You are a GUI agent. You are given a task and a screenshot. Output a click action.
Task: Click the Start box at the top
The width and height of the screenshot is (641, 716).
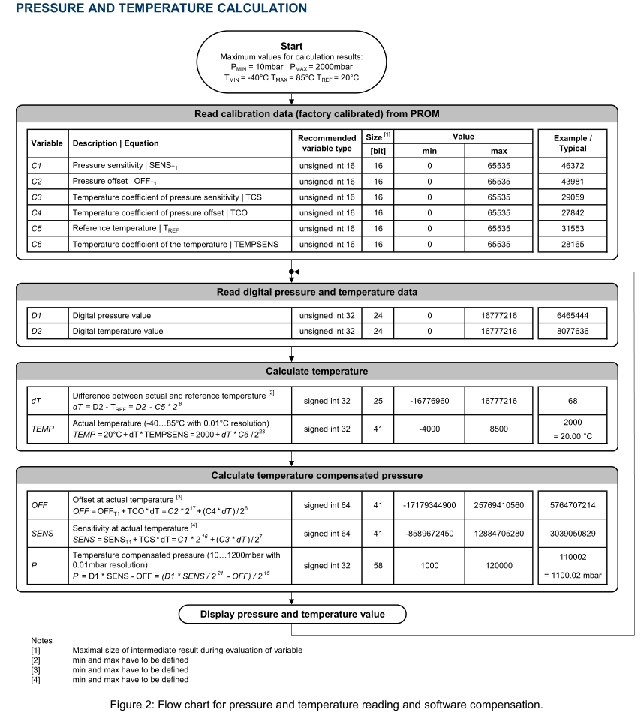[291, 62]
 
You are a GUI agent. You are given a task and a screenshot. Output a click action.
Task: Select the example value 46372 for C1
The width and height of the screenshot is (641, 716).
[572, 166]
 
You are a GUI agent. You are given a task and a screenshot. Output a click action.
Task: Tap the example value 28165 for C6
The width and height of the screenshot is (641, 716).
[572, 245]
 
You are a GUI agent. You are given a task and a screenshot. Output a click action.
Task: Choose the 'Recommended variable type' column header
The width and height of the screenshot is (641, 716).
[327, 143]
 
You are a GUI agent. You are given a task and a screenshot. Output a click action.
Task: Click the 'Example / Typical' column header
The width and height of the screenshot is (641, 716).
[572, 143]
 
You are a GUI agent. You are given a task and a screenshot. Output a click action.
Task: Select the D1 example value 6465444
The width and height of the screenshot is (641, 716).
[572, 316]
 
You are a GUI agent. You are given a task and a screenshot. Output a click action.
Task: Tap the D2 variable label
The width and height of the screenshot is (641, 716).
[36, 331]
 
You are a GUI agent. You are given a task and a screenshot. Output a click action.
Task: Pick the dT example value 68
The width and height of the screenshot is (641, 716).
[572, 402]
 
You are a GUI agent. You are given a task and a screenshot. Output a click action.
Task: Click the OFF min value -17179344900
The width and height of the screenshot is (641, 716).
[430, 505]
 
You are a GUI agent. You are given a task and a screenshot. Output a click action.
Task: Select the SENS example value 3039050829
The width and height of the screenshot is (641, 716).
[572, 534]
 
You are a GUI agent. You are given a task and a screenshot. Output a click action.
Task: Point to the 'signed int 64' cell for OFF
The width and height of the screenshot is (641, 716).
[327, 505]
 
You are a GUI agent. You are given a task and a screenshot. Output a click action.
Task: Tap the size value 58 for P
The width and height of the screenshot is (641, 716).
[378, 567]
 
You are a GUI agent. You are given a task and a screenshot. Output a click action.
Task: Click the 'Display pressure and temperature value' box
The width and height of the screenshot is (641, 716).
[292, 615]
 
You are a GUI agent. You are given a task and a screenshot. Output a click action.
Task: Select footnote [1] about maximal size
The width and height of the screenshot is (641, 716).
[187, 650]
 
